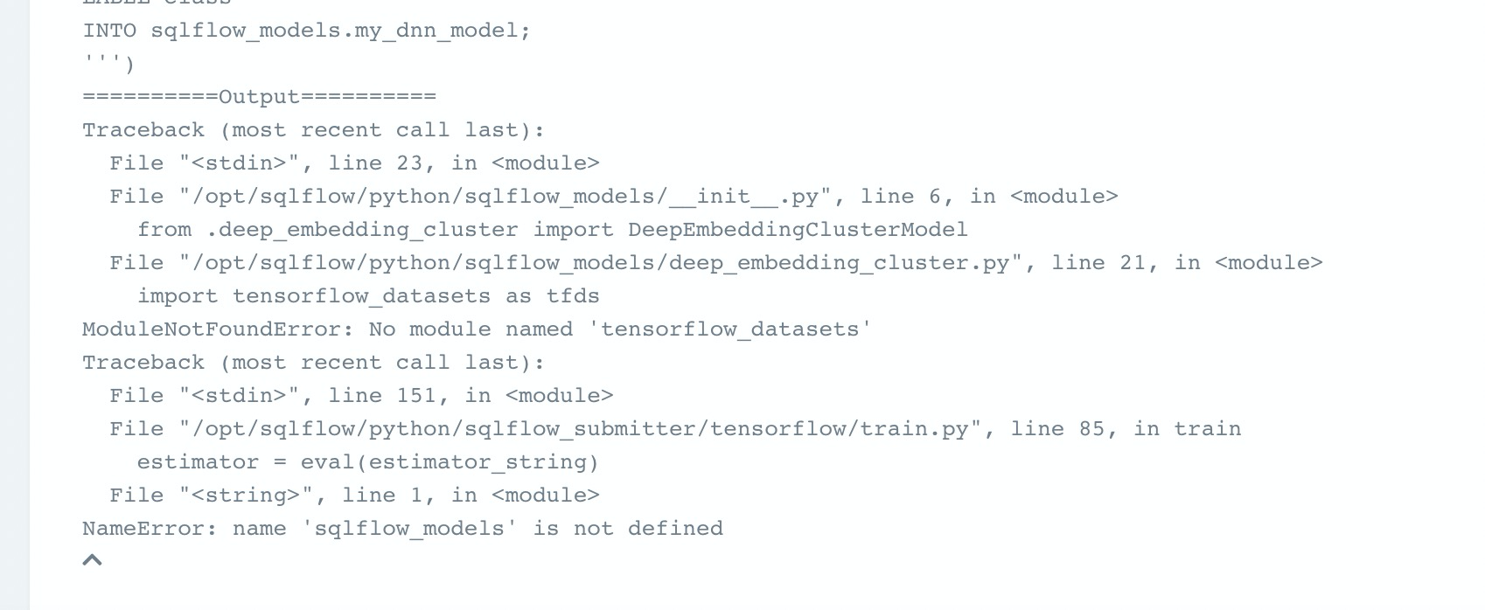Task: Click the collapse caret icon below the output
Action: tap(92, 560)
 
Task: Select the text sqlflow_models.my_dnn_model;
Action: tap(340, 31)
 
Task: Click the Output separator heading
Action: tap(259, 97)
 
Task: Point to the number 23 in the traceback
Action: tap(408, 163)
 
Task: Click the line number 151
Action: tap(415, 396)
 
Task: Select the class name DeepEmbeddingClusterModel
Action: tap(798, 230)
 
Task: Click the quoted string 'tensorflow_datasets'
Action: tap(736, 329)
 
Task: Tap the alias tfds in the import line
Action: tap(573, 296)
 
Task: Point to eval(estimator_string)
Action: tap(450, 462)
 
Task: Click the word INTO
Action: tap(109, 31)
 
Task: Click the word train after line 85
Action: tap(1207, 429)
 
